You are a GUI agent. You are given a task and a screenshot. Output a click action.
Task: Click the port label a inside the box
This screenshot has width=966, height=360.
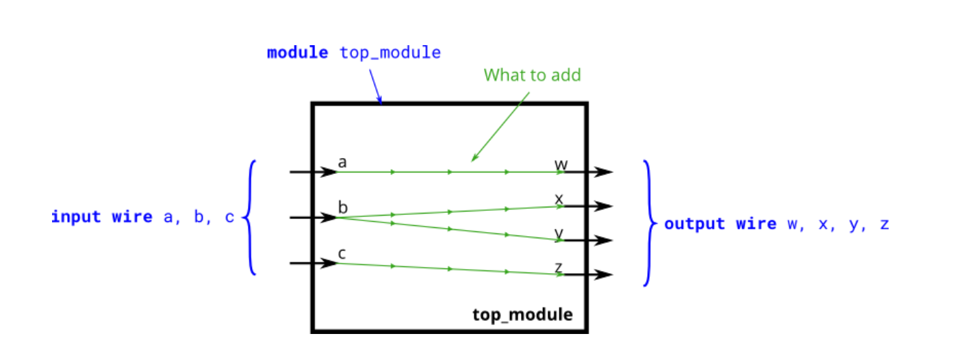[x=342, y=163]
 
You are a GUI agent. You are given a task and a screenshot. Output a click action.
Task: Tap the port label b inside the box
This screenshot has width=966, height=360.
[x=343, y=207]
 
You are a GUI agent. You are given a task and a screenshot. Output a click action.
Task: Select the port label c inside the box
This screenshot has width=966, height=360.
[x=342, y=254]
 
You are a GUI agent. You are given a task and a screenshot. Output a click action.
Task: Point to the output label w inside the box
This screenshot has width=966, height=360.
[x=561, y=164]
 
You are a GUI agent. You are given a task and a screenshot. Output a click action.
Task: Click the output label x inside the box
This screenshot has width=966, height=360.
[x=559, y=198]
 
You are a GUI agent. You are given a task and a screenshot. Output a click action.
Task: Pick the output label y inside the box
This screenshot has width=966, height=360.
[x=559, y=233]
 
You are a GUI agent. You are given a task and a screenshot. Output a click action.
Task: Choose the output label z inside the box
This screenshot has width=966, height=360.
[x=559, y=266]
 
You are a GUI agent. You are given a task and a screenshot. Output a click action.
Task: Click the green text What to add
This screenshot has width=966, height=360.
[x=532, y=75]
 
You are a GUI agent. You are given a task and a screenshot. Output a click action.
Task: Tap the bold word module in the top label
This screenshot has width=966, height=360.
[x=297, y=53]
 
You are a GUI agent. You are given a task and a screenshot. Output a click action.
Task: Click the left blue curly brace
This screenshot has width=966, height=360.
[x=251, y=218]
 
